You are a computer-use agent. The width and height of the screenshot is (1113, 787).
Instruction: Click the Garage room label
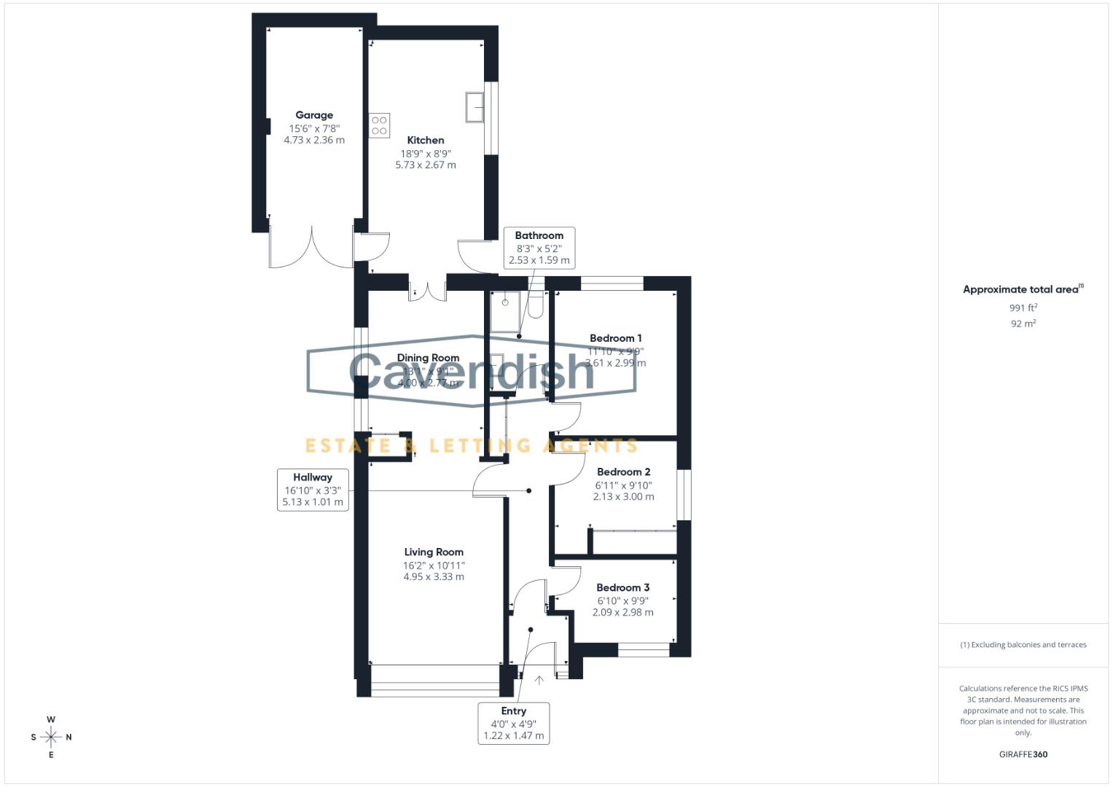coord(314,115)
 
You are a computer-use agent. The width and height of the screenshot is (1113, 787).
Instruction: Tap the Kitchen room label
coord(426,140)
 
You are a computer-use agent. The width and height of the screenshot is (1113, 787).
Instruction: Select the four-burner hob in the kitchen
coord(379,125)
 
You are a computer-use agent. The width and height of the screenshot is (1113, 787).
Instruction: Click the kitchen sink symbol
coord(475,108)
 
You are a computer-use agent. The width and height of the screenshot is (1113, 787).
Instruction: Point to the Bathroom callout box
coord(539,248)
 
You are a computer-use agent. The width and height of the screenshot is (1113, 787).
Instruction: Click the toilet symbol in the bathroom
coord(536,306)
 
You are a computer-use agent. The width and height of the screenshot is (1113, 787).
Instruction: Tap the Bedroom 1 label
coord(615,338)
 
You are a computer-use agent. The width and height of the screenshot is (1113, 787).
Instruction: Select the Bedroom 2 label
coord(623,471)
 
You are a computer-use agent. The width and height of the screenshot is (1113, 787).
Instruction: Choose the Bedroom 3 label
coord(622,587)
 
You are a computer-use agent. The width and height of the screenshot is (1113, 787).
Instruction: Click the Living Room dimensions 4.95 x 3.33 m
coord(434,576)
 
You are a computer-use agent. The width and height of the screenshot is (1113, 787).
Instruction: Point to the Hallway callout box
coord(313,490)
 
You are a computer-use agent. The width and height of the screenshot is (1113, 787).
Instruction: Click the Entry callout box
coord(513,723)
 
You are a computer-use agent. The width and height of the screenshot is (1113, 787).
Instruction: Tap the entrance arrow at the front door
coord(539,680)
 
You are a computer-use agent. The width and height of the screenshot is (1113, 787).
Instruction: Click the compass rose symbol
coord(51,737)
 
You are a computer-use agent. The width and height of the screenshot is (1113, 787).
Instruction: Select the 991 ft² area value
coord(1023,308)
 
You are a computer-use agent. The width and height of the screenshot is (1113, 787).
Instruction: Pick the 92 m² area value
coord(1023,324)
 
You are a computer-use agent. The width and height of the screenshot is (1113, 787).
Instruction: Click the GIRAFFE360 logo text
coord(1023,754)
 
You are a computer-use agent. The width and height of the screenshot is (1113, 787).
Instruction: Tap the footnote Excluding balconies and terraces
coord(1023,645)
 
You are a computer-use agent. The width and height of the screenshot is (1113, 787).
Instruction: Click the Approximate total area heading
coord(1022,289)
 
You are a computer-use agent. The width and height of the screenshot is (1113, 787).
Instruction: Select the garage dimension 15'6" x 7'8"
coord(314,128)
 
